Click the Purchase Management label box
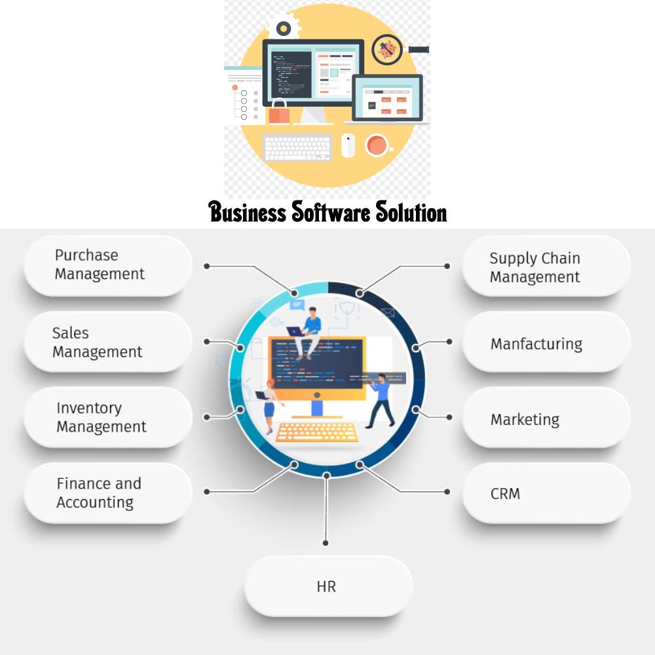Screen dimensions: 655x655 [108, 266]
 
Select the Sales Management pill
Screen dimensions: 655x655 [108, 342]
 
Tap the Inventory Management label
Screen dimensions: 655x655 [108, 417]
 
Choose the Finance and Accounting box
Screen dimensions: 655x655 [108, 493]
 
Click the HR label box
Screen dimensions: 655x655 [328, 586]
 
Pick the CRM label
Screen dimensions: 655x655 [546, 493]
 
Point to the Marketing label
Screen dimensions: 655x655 [546, 417]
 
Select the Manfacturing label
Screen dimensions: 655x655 [546, 342]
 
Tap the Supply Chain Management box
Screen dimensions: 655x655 [546, 266]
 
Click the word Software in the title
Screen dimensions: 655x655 [331, 212]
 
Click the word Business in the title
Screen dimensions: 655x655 [248, 212]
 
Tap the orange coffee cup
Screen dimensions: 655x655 [379, 145]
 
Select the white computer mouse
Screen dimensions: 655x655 [348, 145]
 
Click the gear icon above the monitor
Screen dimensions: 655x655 [284, 28]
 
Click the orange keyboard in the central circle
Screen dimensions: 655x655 [316, 432]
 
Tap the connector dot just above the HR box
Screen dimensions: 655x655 [326, 543]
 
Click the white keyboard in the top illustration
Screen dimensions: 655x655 [298, 147]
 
